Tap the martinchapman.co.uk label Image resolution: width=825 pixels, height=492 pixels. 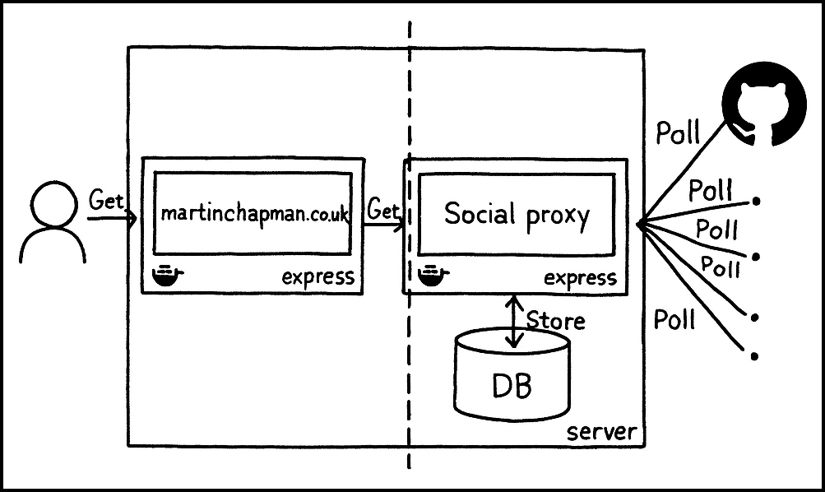254,214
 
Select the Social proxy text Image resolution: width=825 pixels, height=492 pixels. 517,215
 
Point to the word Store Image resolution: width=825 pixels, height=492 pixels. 555,320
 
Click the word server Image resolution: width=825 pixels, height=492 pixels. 602,431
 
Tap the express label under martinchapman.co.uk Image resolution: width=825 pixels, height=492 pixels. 317,276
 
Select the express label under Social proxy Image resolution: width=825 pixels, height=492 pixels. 580,277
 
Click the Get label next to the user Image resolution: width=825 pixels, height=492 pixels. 106,202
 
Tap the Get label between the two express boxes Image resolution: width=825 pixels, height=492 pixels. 382,210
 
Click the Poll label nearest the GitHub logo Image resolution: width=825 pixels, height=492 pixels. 678,132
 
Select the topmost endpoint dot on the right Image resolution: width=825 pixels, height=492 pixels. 756,202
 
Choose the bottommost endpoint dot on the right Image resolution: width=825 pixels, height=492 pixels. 755,356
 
